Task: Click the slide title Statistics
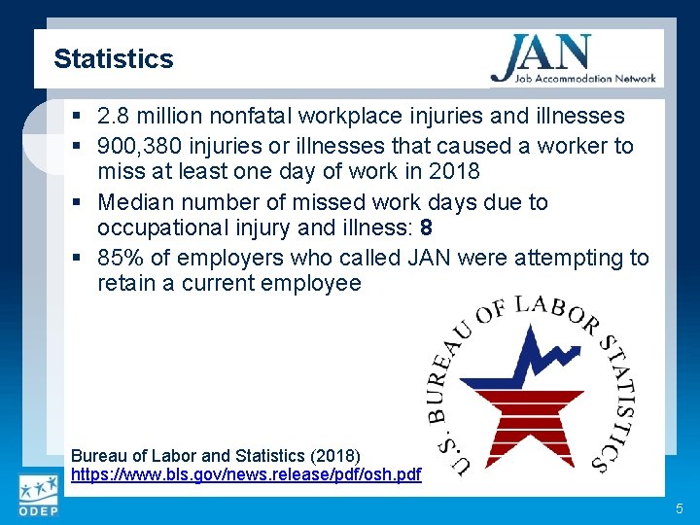113,58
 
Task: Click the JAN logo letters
541,54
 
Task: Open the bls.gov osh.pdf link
246,474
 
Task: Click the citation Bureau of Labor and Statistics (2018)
216,455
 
